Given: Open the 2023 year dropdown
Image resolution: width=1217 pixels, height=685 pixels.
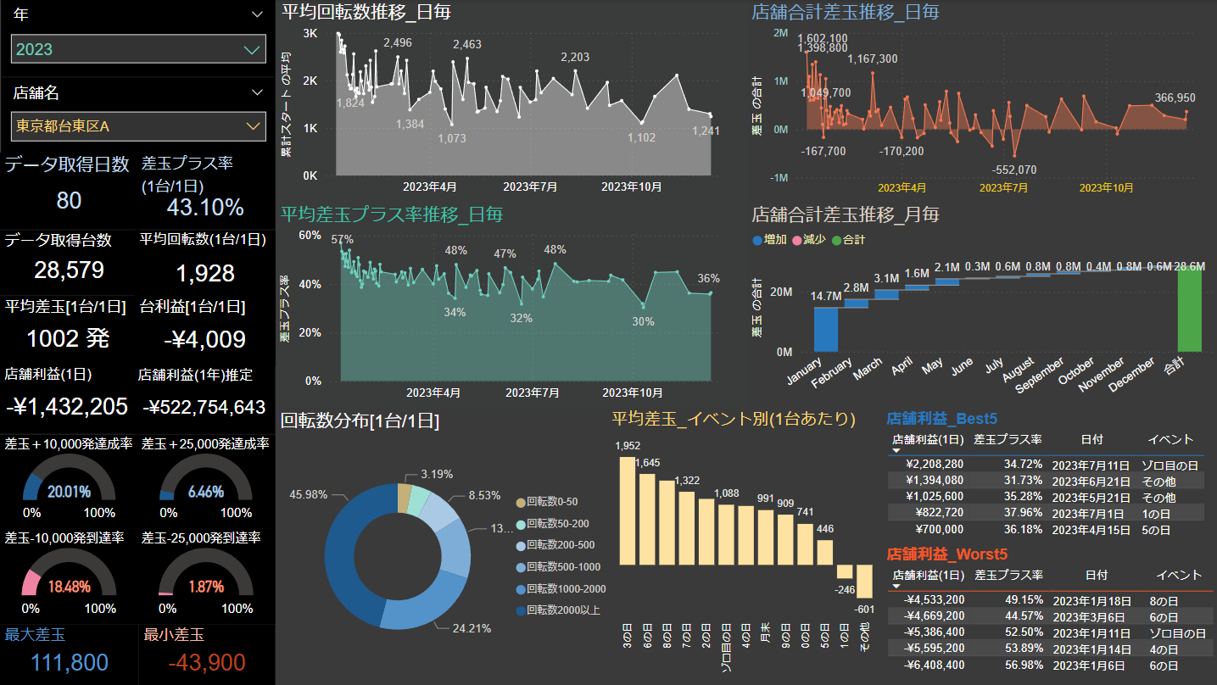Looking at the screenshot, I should (138, 49).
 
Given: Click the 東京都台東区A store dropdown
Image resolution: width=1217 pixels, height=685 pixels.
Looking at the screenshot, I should (138, 126).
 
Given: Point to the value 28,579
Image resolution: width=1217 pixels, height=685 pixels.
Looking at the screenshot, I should (70, 270).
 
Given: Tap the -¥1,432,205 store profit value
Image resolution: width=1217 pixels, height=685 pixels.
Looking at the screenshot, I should (67, 406).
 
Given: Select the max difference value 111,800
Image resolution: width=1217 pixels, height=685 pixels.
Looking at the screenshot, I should (69, 663).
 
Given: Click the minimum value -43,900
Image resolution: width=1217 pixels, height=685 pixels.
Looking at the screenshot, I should (206, 663).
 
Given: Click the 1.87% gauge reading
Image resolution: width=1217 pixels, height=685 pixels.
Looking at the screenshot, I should (206, 587).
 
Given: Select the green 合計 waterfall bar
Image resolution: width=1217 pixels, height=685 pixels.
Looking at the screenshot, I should (1189, 310).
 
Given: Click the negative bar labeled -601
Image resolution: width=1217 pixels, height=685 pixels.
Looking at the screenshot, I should (864, 581).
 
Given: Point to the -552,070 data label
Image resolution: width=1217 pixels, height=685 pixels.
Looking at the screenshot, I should (1014, 170).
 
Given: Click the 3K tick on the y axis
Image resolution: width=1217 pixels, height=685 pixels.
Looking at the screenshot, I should (310, 33).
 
